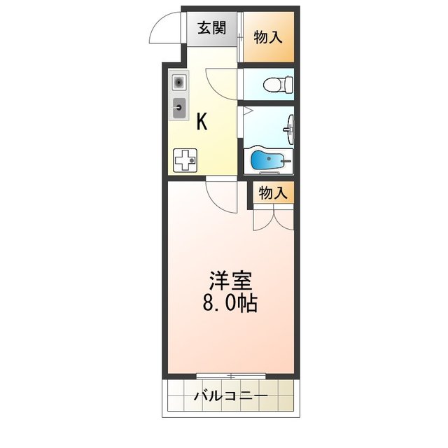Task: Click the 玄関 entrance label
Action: [211, 29]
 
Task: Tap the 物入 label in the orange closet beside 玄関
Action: [268, 37]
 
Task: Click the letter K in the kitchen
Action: [202, 122]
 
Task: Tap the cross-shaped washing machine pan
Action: [185, 161]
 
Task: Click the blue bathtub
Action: [267, 162]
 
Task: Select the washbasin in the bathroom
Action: [290, 128]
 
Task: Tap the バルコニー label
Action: [230, 398]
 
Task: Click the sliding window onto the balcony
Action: [230, 377]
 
